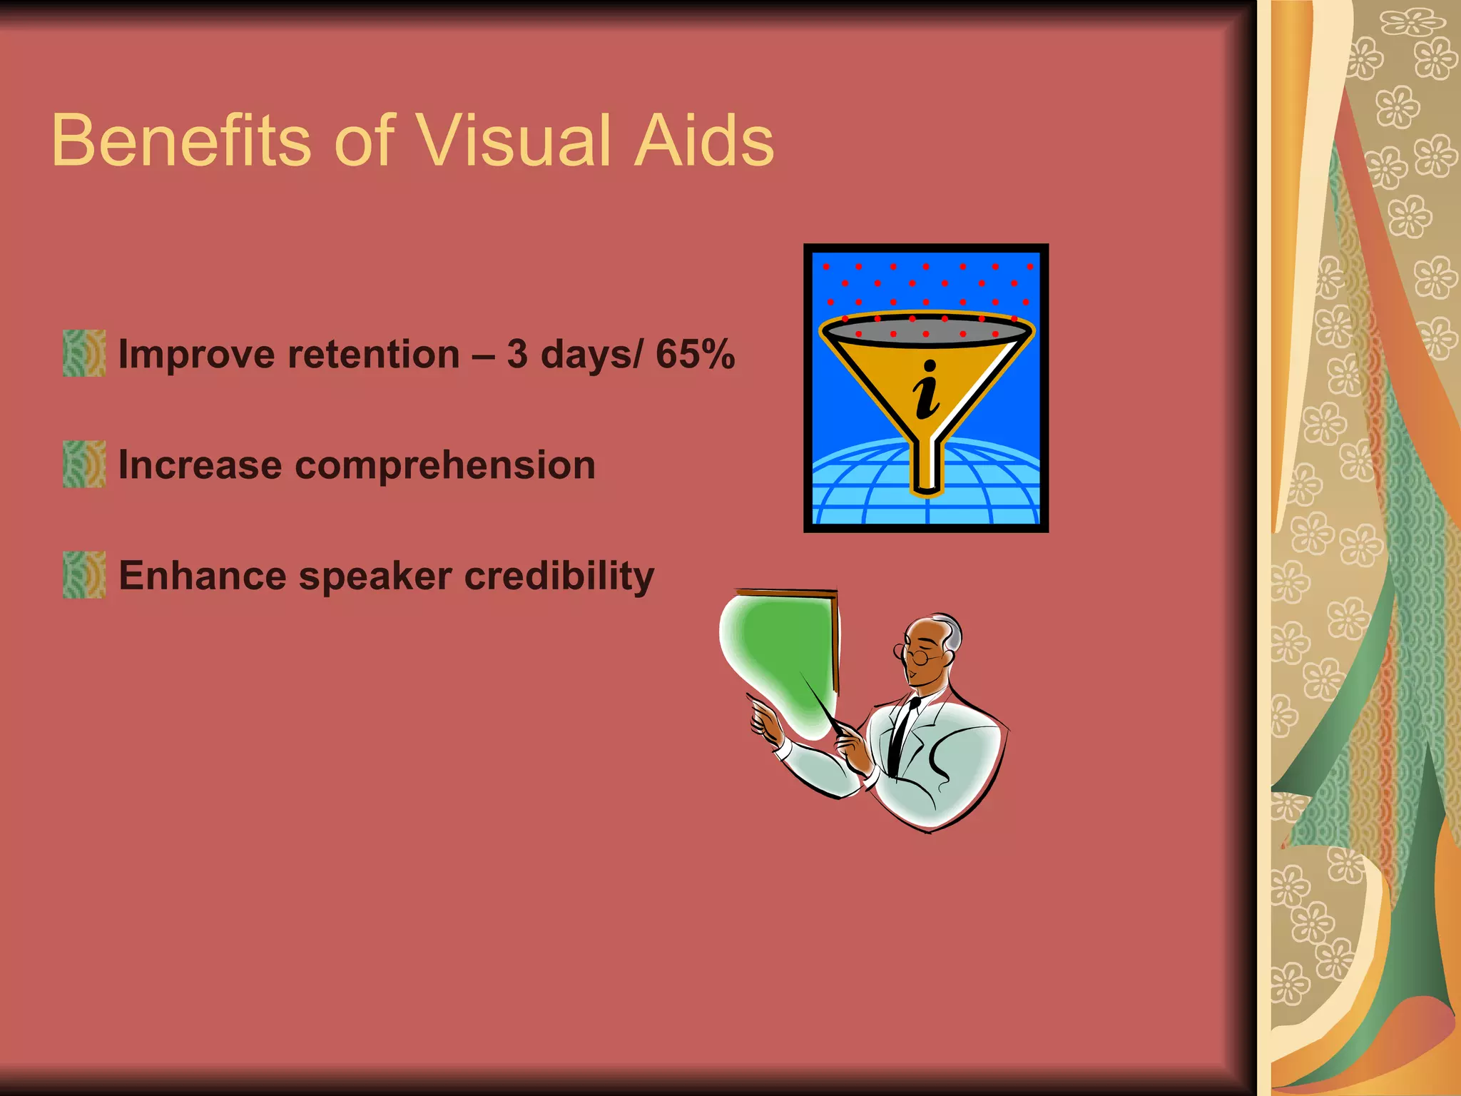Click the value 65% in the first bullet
coord(695,354)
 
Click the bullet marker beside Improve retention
coord(84,353)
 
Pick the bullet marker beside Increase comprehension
coord(84,464)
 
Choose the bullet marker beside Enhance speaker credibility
coord(84,574)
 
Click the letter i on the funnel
coord(927,390)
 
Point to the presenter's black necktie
coord(901,735)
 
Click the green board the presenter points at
coord(781,656)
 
